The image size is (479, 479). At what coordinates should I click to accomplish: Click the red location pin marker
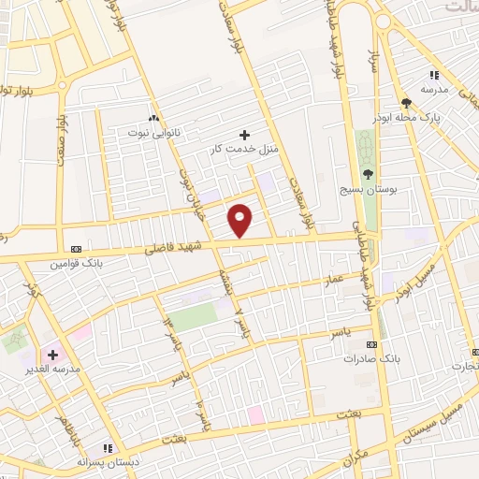(x=241, y=220)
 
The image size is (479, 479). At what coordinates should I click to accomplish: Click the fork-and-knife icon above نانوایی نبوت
(x=153, y=118)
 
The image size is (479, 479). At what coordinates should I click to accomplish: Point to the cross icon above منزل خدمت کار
(x=245, y=135)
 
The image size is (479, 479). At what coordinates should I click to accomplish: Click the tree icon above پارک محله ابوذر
(x=406, y=103)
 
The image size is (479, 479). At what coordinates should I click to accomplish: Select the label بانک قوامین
(x=77, y=264)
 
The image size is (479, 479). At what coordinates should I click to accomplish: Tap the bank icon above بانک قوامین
(x=77, y=249)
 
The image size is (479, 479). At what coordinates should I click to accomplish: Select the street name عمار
(x=335, y=280)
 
